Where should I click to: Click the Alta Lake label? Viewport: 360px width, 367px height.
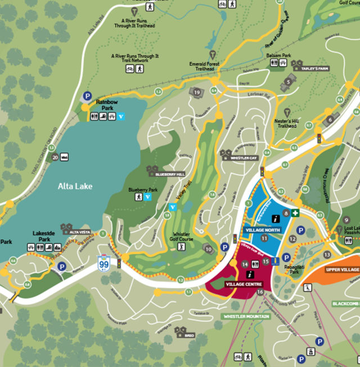75,186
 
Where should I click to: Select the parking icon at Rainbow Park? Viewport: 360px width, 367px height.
87,96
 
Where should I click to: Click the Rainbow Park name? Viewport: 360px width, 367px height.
105,104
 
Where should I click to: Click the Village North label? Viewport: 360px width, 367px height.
263,230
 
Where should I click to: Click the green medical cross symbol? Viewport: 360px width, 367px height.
295,212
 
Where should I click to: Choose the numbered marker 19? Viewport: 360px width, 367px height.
196,92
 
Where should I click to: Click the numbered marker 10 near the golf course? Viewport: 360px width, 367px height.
208,249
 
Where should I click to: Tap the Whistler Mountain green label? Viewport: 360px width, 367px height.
246,316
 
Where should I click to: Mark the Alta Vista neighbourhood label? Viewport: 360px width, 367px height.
79,231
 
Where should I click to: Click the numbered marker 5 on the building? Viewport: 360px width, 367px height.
289,82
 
